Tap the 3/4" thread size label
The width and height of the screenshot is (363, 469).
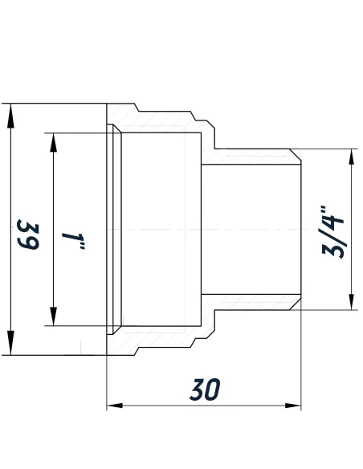(331, 233)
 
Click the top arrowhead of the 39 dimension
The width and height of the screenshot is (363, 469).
(10, 113)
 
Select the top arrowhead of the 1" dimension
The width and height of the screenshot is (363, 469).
(54, 141)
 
